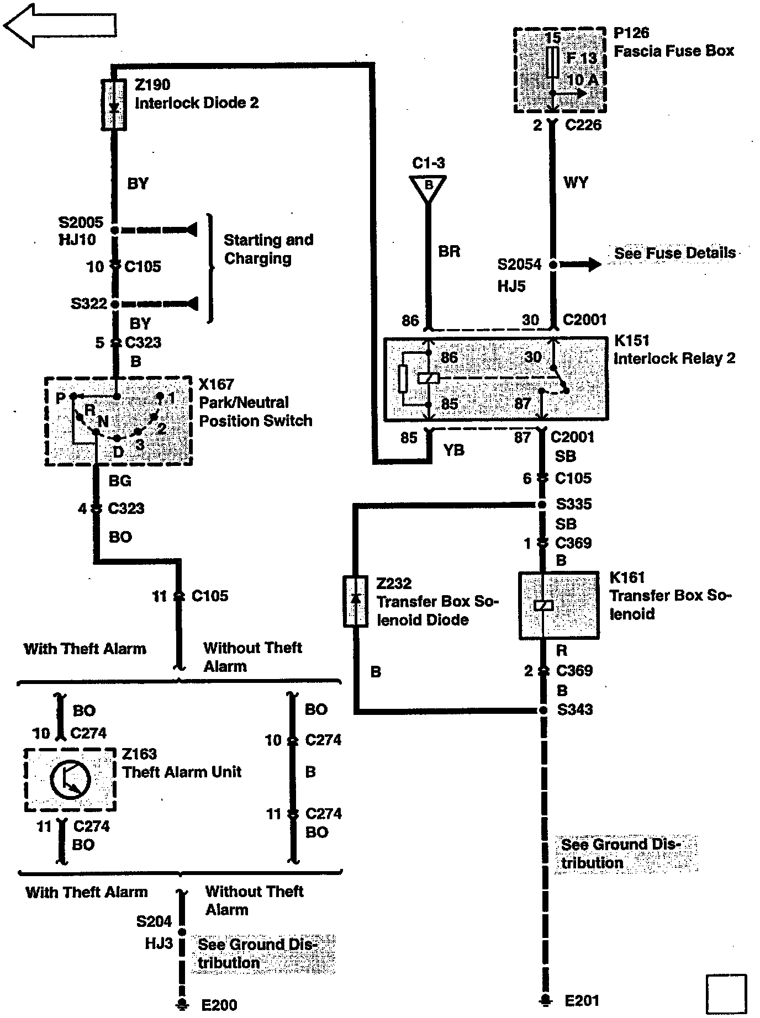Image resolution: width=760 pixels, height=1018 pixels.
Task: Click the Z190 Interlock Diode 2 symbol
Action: [114, 104]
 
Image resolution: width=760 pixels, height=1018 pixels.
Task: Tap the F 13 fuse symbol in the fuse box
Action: [552, 62]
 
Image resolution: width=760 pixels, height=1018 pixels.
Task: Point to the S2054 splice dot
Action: [553, 265]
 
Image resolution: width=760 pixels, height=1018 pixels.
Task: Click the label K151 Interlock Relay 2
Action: [674, 349]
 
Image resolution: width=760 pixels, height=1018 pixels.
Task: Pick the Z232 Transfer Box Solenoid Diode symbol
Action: [356, 601]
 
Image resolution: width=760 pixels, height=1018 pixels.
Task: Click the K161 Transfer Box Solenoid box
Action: [559, 606]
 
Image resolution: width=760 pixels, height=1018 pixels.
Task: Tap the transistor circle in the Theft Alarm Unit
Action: [70, 780]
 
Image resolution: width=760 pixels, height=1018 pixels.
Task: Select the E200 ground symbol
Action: [181, 1003]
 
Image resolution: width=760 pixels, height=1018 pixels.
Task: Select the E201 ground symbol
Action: [545, 1000]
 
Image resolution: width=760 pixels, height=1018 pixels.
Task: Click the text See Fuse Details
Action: [674, 253]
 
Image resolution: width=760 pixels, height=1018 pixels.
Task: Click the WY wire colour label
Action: [576, 182]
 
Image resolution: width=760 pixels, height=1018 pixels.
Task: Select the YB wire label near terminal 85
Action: [454, 450]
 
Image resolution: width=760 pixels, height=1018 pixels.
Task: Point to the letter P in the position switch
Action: [61, 397]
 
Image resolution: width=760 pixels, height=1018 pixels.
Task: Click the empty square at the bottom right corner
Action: [726, 994]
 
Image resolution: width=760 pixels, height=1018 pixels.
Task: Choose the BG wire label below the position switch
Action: [120, 481]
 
